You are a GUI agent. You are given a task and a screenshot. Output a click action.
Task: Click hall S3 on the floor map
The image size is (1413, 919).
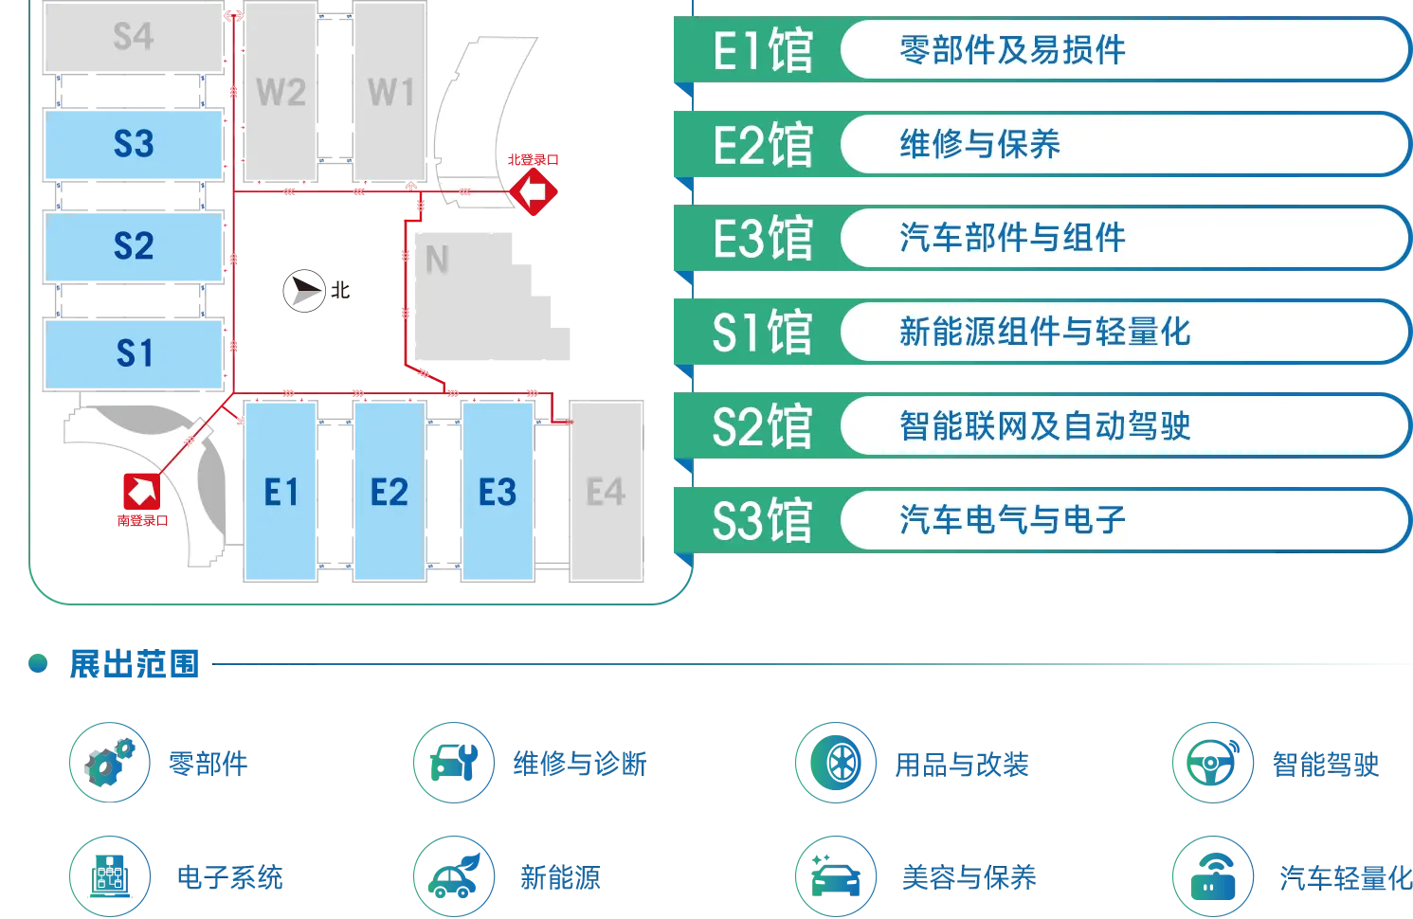click(x=134, y=144)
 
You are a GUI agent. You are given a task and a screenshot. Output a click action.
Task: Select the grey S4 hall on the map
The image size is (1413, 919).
click(x=133, y=37)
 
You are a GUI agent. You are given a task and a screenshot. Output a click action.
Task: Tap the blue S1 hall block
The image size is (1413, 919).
click(x=134, y=352)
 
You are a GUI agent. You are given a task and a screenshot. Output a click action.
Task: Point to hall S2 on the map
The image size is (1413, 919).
click(x=134, y=245)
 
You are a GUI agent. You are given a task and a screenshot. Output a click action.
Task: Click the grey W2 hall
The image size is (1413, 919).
click(x=281, y=93)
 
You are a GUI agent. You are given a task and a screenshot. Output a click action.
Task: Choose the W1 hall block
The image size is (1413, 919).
click(x=390, y=93)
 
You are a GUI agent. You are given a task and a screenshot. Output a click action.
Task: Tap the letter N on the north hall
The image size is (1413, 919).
click(x=437, y=260)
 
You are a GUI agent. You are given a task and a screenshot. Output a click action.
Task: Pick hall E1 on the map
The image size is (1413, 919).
click(x=281, y=493)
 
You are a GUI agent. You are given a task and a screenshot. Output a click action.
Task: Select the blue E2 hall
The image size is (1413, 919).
click(x=389, y=493)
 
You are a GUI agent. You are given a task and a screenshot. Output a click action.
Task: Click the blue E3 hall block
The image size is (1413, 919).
click(x=497, y=493)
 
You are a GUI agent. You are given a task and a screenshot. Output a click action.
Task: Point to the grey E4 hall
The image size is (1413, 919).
click(x=606, y=493)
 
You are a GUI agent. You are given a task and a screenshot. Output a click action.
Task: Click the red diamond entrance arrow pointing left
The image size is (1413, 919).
click(x=534, y=192)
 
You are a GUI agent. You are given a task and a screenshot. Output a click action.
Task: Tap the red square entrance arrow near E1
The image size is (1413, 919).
click(x=140, y=492)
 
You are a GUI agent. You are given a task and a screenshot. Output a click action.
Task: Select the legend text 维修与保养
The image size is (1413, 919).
click(x=980, y=144)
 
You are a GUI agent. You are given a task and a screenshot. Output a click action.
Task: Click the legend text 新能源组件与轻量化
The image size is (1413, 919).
click(x=1044, y=332)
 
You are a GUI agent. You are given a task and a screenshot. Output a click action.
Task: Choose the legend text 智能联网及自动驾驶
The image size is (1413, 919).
click(x=1044, y=425)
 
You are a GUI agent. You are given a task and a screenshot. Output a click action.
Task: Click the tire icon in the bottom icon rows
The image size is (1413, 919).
click(x=835, y=763)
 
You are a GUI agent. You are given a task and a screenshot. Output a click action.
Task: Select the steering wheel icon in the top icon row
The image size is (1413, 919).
click(x=1213, y=763)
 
